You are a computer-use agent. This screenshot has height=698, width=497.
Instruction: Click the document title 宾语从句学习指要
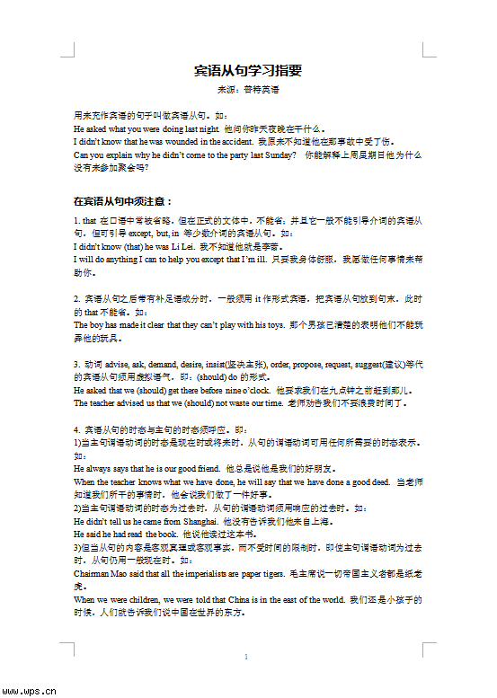pos(248,71)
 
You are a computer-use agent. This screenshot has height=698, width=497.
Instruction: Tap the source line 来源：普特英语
pos(248,91)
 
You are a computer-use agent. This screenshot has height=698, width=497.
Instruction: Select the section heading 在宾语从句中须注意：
pos(122,201)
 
